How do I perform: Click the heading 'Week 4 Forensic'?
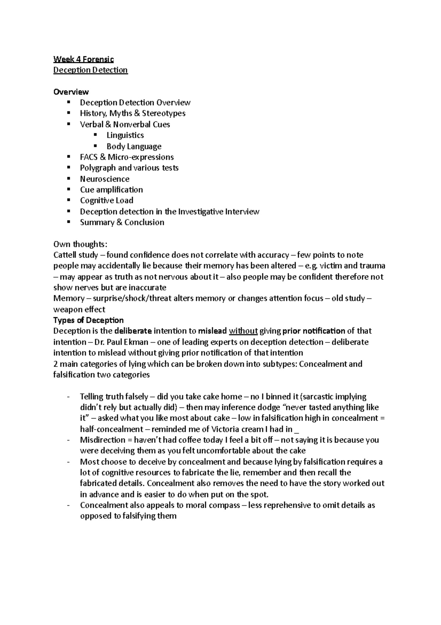pyautogui.click(x=83, y=59)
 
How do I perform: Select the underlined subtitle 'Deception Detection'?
pyautogui.click(x=90, y=70)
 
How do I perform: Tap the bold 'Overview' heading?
pyautogui.click(x=71, y=92)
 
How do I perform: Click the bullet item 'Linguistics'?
pyautogui.click(x=125, y=135)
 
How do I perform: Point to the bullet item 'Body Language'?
pyautogui.click(x=134, y=146)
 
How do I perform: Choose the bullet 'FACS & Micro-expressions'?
pyautogui.click(x=127, y=157)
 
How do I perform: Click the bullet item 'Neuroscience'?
pyautogui.click(x=105, y=179)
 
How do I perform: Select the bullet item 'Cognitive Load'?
pyautogui.click(x=107, y=201)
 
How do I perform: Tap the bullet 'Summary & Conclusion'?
pyautogui.click(x=122, y=222)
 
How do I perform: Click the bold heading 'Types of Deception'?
pyautogui.click(x=88, y=320)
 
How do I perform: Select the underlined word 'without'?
pyautogui.click(x=243, y=331)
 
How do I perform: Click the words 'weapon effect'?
pyautogui.click(x=79, y=309)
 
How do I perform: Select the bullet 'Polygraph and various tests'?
pyautogui.click(x=129, y=168)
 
